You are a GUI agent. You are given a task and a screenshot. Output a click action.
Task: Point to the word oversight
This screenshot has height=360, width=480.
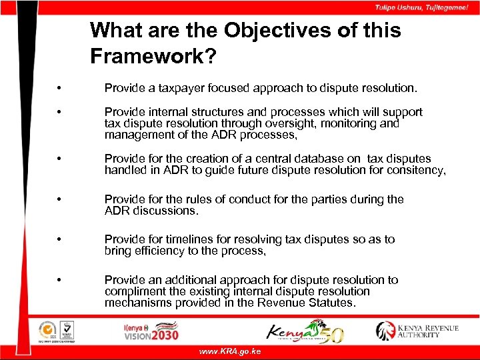pos(297,123)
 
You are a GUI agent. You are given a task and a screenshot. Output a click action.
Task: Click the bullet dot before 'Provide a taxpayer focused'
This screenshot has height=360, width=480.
pos(60,89)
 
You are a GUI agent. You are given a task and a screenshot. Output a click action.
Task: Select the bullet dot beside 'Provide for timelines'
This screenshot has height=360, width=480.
pos(60,240)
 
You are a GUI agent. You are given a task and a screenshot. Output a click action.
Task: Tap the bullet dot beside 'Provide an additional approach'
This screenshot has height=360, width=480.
pos(60,281)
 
